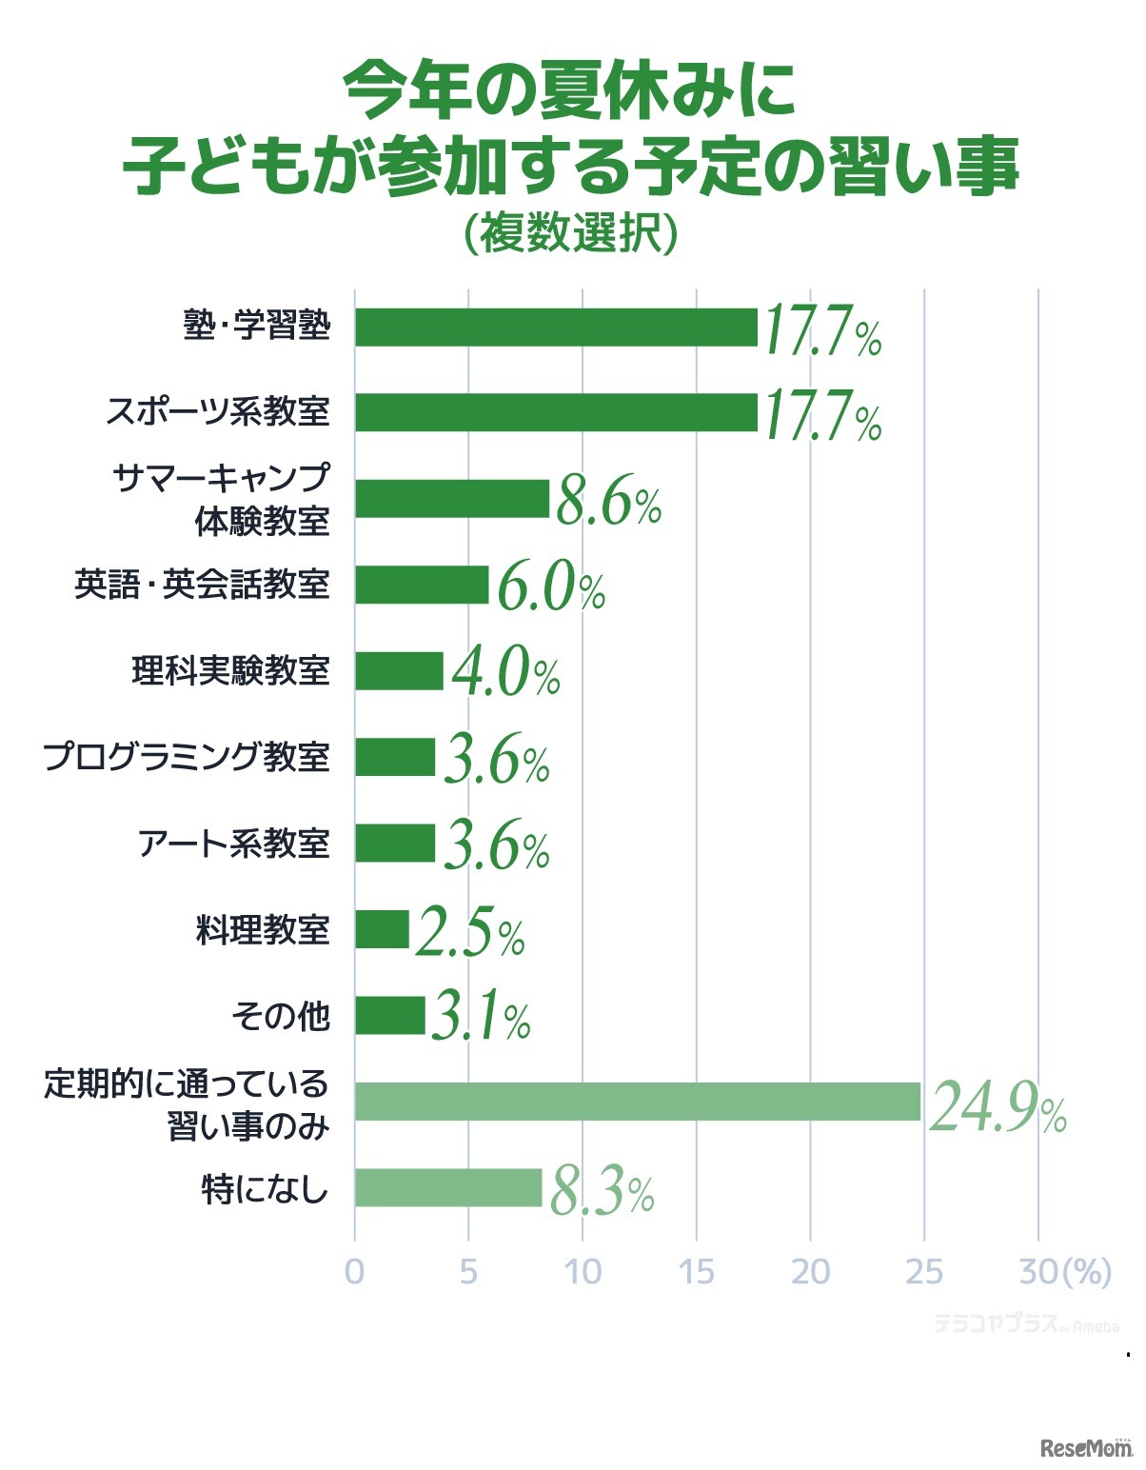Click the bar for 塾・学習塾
(x=556, y=327)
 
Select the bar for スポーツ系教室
(x=556, y=412)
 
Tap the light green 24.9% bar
(x=638, y=1102)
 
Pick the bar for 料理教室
(x=382, y=929)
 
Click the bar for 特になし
(x=448, y=1187)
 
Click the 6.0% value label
(x=550, y=589)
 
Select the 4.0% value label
(x=505, y=673)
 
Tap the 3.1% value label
(x=481, y=1018)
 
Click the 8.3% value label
(x=602, y=1193)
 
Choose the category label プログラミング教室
(x=187, y=757)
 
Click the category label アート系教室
(x=234, y=844)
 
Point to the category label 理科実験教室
(x=230, y=671)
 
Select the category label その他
(x=281, y=1016)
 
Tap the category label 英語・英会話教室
(x=202, y=585)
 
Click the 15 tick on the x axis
(x=697, y=1272)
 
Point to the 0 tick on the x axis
(x=354, y=1272)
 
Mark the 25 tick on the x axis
(x=923, y=1272)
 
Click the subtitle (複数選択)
(x=571, y=233)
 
